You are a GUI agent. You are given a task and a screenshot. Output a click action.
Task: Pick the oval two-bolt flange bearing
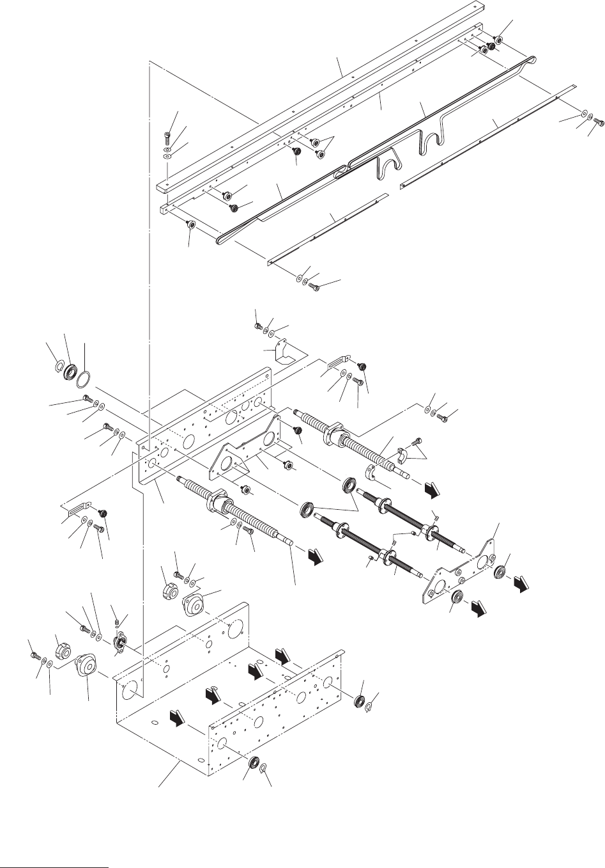click(x=118, y=642)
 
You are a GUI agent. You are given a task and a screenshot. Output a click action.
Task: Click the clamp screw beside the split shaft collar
click(x=417, y=441)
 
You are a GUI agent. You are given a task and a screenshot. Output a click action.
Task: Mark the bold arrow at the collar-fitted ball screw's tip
click(x=433, y=489)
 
